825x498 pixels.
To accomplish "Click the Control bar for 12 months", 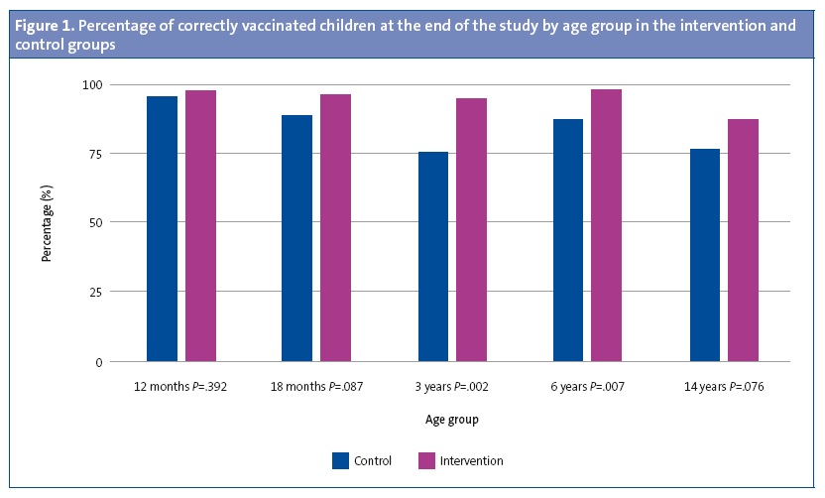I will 162,228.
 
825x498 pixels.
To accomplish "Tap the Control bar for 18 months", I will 296,238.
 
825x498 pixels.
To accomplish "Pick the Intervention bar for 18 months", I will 335,227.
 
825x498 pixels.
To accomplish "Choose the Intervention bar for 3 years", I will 471,229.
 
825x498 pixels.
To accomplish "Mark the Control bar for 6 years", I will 568,240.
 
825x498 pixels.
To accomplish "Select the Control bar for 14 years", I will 704,255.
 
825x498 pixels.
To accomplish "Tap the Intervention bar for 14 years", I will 743,240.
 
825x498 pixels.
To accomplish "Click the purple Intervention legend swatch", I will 427,460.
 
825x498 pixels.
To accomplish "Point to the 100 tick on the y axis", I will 90,85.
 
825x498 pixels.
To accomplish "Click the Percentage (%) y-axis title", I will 46,223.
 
